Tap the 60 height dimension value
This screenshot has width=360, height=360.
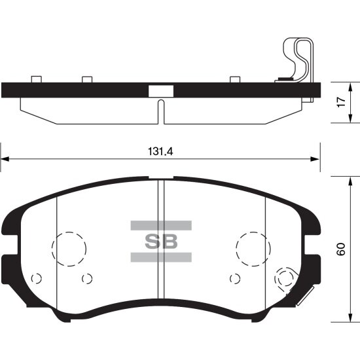(340, 249)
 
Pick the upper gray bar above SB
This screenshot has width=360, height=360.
(161, 225)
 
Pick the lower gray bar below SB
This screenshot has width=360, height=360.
(161, 256)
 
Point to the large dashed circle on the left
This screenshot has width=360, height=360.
(69, 248)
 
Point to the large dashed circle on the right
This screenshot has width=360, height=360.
(252, 248)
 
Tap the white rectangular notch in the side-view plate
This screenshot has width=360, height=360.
(160, 90)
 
